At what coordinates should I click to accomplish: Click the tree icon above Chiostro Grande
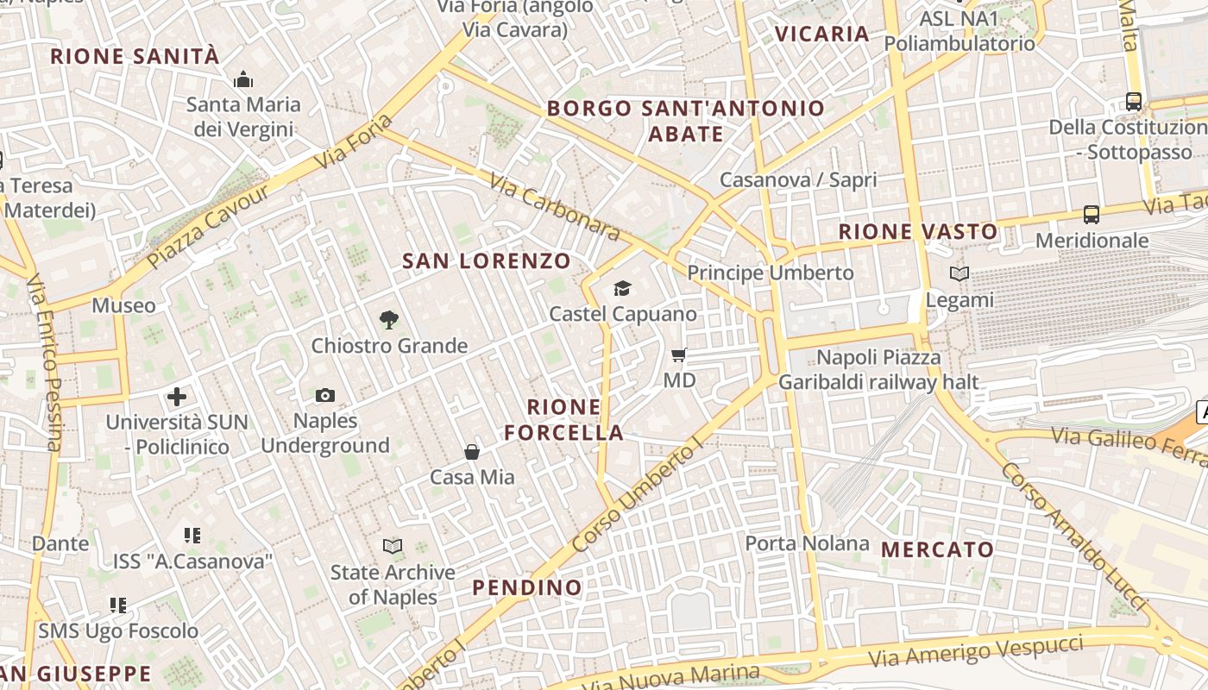[x=389, y=320]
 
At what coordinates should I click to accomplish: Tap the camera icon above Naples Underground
[x=325, y=395]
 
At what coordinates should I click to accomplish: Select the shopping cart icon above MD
[x=679, y=354]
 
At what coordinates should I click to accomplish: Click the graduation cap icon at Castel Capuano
[x=622, y=288]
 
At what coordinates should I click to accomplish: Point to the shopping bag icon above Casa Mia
[x=472, y=451]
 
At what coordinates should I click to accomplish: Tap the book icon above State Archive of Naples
[x=393, y=546]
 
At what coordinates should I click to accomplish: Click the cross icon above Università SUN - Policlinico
[x=177, y=397]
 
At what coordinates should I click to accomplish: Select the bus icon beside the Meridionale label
[x=1092, y=215]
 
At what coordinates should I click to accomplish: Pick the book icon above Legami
[x=959, y=274]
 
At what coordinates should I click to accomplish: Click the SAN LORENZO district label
[x=488, y=260]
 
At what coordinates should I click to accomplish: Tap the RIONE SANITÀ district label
[x=135, y=57]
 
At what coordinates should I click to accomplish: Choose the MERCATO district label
[x=938, y=549]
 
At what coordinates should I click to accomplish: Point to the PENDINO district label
[x=527, y=588]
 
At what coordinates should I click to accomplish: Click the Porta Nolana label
[x=807, y=543]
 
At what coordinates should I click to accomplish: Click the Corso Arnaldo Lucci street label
[x=1074, y=535]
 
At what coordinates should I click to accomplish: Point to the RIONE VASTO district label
[x=918, y=231]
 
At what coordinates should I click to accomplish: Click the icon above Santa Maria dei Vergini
[x=243, y=80]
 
